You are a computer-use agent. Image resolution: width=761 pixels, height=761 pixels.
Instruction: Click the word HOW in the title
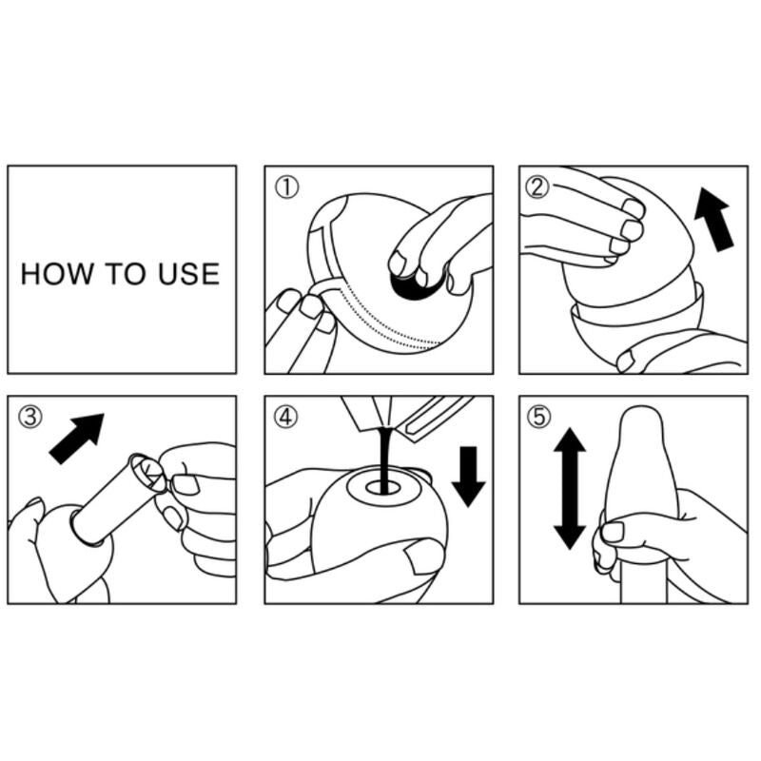coord(56,274)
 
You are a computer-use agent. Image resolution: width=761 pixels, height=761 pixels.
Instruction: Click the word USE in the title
coord(188,274)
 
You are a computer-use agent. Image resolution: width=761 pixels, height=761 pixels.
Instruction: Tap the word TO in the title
coord(126,274)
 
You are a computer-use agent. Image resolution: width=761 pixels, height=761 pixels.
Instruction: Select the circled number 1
coord(287,187)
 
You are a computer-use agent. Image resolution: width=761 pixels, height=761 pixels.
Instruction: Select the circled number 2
coord(537,186)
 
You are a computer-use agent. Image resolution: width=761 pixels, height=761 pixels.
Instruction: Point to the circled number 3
coord(30,417)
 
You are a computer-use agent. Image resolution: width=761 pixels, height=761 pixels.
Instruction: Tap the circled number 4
coord(286,417)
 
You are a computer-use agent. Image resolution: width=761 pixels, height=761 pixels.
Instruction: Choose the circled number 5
coord(539,417)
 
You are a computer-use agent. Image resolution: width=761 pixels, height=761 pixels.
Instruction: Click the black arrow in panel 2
coord(713,220)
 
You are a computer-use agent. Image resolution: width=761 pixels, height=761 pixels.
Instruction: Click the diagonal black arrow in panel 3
coord(78,438)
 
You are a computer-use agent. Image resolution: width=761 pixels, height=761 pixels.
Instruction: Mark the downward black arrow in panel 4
coord(468,477)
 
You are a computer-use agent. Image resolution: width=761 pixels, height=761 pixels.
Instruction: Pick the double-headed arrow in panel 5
coord(570,488)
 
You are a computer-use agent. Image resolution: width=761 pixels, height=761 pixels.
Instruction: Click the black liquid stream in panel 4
coord(384,458)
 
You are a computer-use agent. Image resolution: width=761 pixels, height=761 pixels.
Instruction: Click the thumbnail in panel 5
coord(613,532)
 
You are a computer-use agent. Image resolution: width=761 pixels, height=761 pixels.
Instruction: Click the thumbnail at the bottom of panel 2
coord(625,361)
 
